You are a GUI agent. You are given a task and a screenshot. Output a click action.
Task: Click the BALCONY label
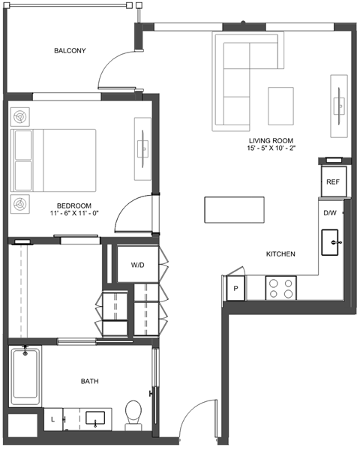[x=70, y=51]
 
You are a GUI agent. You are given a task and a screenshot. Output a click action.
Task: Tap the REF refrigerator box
[x=334, y=181]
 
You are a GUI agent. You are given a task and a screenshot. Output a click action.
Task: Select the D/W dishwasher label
[x=330, y=213]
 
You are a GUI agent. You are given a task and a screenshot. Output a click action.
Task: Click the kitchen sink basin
[x=330, y=242]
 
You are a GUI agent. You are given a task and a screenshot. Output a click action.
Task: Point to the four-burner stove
[x=280, y=288]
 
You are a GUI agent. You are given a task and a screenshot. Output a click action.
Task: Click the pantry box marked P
[x=235, y=288]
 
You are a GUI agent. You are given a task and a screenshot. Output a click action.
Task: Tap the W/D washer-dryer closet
[x=138, y=264]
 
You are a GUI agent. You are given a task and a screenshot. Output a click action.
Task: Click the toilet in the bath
[x=133, y=415]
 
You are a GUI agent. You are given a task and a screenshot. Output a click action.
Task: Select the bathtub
[x=25, y=376]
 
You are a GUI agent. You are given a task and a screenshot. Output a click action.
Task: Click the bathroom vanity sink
[x=95, y=418]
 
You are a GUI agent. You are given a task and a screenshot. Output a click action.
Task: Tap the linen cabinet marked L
[x=53, y=419]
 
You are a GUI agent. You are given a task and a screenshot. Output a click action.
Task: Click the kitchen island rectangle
[x=234, y=209]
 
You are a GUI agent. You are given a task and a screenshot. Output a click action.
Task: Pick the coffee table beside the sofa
[x=280, y=106]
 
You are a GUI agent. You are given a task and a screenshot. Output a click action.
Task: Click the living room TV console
[x=339, y=106]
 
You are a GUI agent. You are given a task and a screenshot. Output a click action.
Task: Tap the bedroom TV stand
[x=142, y=149]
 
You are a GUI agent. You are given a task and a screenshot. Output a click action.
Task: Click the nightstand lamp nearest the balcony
[x=20, y=117]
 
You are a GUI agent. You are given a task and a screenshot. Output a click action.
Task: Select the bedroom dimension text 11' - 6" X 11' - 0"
[x=74, y=213]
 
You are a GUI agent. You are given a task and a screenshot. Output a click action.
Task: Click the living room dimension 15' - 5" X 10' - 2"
[x=271, y=148]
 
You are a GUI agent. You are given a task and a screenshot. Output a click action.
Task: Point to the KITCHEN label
[x=280, y=254]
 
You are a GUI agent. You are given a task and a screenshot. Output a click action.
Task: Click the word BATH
[x=89, y=381]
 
